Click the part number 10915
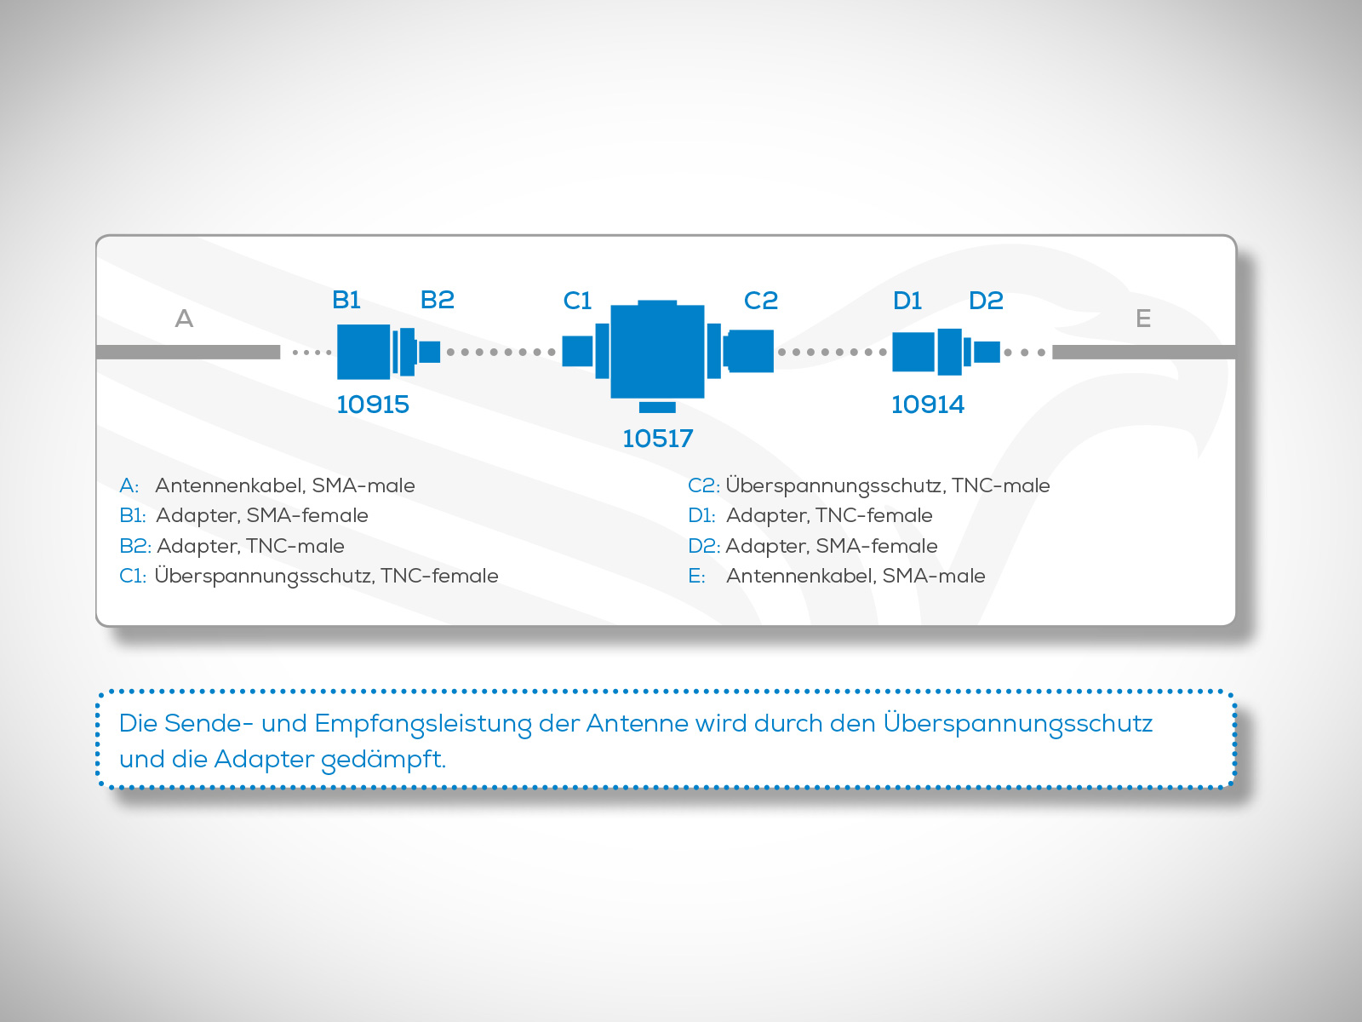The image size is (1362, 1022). point(372,405)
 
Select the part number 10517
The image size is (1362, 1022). point(657,439)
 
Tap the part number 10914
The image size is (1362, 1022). point(928,405)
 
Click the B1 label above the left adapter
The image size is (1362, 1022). point(346,300)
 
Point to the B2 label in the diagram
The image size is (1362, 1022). point(437,300)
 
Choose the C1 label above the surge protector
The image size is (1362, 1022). point(577,301)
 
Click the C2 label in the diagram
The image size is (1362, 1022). point(761,301)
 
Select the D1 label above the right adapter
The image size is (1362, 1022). point(907,301)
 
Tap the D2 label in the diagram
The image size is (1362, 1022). point(986,301)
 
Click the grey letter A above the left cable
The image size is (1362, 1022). point(184,319)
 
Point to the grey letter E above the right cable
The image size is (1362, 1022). point(1143,319)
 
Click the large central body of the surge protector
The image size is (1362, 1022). point(657,351)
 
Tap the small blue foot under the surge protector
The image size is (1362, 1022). point(657,407)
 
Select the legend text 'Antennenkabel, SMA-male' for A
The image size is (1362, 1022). point(285,485)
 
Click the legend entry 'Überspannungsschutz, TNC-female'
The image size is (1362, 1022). point(326,576)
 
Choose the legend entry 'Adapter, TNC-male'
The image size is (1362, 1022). point(250,546)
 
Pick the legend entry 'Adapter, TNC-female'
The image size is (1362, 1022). point(829,515)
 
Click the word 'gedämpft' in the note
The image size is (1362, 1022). point(383,759)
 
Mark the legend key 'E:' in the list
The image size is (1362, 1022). point(696,576)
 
